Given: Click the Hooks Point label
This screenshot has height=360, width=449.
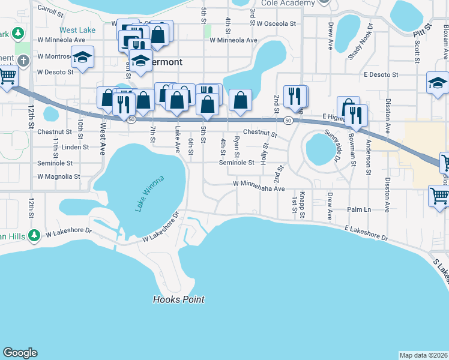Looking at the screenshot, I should [178, 299].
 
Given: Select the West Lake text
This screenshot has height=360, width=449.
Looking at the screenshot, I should [77, 30].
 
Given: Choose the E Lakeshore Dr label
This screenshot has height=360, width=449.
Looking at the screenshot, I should [366, 233].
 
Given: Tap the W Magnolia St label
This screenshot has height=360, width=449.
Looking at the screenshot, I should [58, 177].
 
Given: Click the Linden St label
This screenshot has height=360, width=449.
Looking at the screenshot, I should [74, 147].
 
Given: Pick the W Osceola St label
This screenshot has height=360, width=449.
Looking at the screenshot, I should [276, 24].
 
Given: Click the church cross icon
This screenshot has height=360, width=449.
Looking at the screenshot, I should [23, 61].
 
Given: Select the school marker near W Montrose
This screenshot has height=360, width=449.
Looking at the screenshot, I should [83, 56].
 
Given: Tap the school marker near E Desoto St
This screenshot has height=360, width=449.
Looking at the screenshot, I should [438, 83].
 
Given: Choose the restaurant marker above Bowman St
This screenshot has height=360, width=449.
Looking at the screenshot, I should [356, 115].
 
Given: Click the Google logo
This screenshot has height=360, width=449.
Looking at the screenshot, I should [20, 353].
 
